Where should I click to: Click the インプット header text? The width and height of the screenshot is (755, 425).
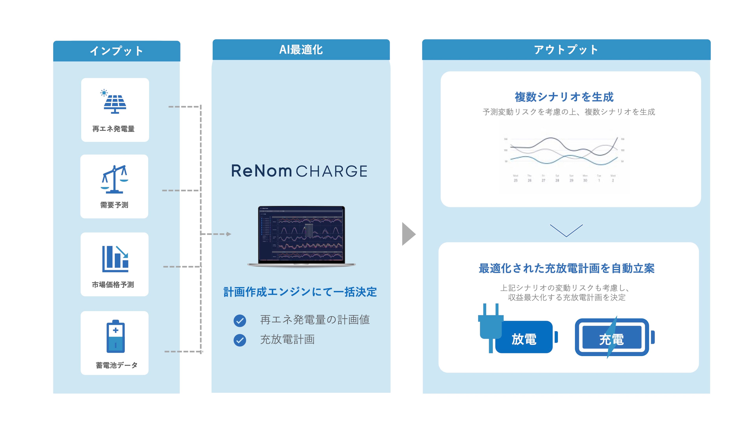[116, 51]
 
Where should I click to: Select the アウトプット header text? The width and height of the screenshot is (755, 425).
[566, 50]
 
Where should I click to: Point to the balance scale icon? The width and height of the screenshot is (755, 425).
[115, 179]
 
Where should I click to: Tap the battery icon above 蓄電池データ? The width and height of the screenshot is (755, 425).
[115, 336]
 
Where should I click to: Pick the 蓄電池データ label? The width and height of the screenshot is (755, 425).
[116, 365]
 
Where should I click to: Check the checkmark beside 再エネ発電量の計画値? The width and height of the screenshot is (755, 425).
[240, 321]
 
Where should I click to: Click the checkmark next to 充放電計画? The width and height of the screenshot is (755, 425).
[240, 340]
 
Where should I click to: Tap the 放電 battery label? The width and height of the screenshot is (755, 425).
[524, 339]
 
